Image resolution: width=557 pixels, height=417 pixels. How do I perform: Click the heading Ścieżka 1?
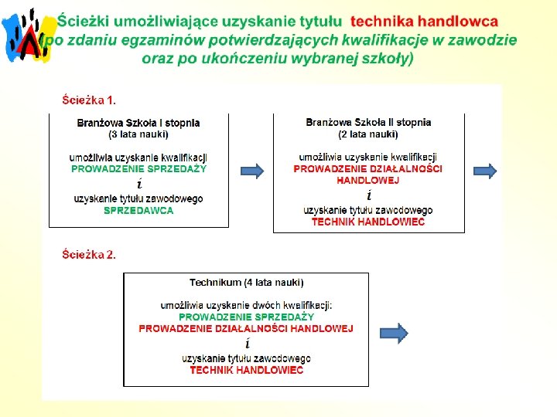click(x=90, y=100)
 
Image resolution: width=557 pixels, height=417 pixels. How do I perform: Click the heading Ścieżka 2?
click(x=90, y=254)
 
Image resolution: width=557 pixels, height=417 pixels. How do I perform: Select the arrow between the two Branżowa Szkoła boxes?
click(x=251, y=171)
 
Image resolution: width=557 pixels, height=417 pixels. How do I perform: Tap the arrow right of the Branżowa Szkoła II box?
click(x=485, y=170)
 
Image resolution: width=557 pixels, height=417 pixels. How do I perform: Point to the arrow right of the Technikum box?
click(x=395, y=334)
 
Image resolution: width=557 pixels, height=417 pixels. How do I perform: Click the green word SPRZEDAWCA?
click(x=138, y=210)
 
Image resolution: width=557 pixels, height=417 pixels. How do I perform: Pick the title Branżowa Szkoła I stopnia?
click(x=138, y=123)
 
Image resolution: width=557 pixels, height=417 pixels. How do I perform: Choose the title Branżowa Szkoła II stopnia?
click(x=368, y=123)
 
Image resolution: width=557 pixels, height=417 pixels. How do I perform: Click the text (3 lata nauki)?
click(x=138, y=134)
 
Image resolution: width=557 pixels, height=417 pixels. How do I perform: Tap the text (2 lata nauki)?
click(x=368, y=134)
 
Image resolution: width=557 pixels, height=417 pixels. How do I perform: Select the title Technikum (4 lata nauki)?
click(x=247, y=283)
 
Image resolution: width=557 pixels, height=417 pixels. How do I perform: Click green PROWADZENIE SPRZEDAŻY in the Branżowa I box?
click(x=139, y=168)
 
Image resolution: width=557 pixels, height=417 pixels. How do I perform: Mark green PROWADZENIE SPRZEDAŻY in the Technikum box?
click(x=247, y=317)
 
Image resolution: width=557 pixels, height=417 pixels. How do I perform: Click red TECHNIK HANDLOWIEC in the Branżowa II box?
click(x=368, y=222)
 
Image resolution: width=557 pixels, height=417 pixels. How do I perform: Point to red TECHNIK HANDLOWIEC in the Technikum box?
click(x=247, y=370)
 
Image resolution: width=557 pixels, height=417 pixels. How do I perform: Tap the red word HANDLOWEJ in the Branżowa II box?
click(x=368, y=180)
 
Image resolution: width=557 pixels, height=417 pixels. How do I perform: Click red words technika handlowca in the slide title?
click(x=425, y=20)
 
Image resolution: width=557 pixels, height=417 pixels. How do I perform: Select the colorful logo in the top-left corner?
click(x=29, y=35)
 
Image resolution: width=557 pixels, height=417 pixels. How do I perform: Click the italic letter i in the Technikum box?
click(x=247, y=344)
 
